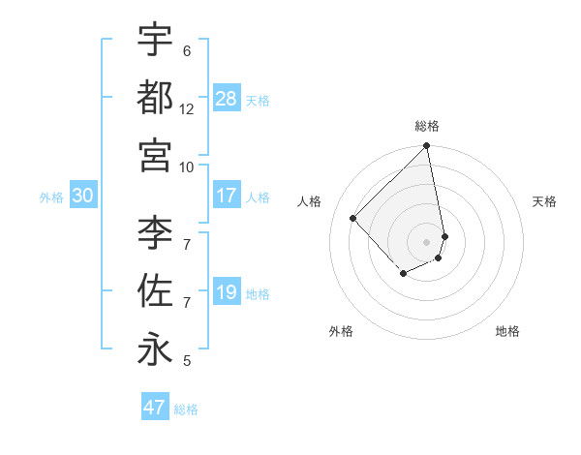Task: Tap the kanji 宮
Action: click(x=155, y=154)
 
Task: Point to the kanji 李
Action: click(x=155, y=232)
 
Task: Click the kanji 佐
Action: click(x=155, y=290)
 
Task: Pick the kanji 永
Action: click(x=155, y=349)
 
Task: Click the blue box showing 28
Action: click(x=227, y=98)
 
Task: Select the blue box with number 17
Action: click(x=227, y=196)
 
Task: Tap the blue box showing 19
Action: click(x=227, y=292)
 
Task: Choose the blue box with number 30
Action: click(x=82, y=196)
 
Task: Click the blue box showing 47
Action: click(x=155, y=408)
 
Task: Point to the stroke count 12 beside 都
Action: click(x=187, y=109)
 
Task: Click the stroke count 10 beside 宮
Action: click(x=187, y=167)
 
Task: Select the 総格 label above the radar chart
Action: click(x=427, y=126)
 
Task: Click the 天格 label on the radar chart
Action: click(x=544, y=201)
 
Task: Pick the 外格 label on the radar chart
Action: click(x=341, y=331)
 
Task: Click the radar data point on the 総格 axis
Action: click(x=427, y=147)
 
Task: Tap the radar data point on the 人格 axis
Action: click(x=353, y=218)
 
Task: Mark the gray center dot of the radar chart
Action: click(x=427, y=241)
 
